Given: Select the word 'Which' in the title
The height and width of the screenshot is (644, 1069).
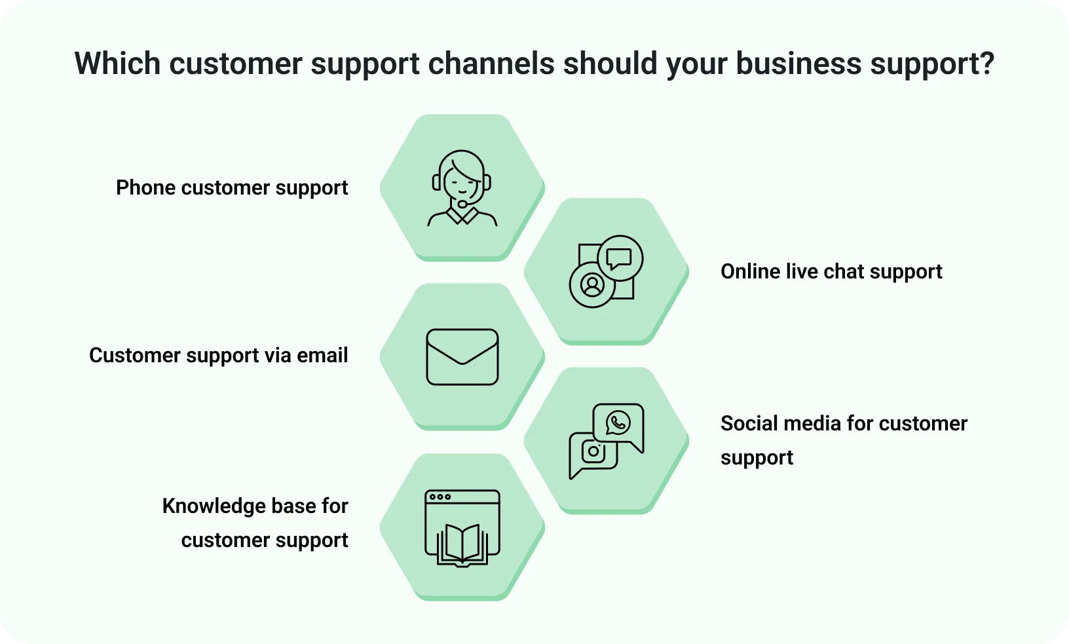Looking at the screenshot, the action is point(117,62).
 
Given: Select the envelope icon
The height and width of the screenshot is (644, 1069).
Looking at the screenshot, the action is point(462,356).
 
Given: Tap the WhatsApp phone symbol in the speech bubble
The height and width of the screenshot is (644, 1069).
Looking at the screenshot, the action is point(618,423).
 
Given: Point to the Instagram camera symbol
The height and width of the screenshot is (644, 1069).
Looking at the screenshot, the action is point(593,451).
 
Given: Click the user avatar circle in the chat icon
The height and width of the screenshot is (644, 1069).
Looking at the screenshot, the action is point(592,284).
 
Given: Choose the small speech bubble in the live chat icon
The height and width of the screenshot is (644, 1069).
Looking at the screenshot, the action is point(619,259).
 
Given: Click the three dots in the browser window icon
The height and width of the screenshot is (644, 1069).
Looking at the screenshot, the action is point(440,497).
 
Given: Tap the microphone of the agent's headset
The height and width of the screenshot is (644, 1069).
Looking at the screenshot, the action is point(462,204).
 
